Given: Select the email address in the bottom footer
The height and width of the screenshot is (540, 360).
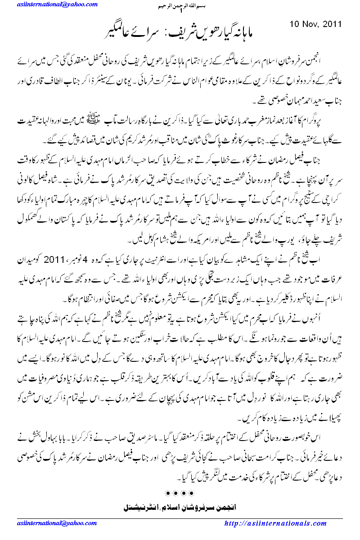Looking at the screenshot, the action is (x=48, y=523).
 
